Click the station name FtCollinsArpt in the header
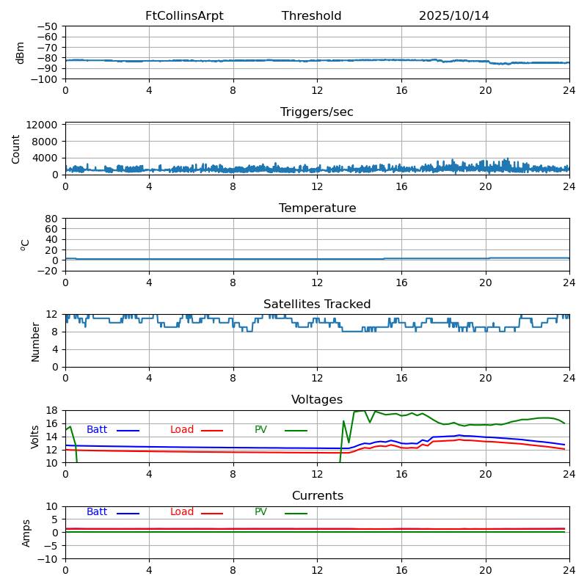pos(184,16)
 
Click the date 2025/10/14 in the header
pos(453,16)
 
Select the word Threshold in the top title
pos(311,16)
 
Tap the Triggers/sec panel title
pos(317,112)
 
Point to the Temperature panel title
pos(317,208)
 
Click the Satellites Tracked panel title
pos(317,305)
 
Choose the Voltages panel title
pos(317,400)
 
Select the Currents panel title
pos(317,496)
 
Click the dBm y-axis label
pos(21,53)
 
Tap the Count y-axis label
pos(16,148)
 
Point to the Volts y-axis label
pos(35,437)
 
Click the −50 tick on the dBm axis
pos(47,26)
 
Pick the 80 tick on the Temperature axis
pos(52,219)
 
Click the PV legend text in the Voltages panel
pos(260,430)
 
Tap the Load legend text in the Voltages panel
pos(182,430)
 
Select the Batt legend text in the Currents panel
pos(97,512)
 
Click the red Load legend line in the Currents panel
pos(212,514)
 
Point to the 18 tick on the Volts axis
pos(52,410)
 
